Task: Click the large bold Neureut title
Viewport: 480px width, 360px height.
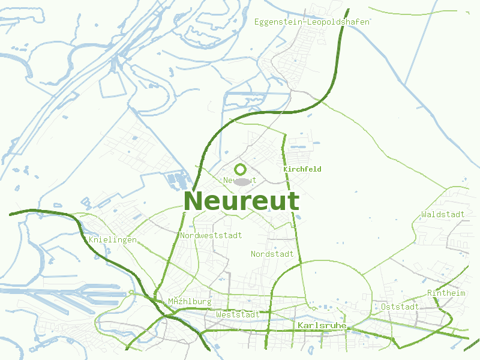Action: (241, 201)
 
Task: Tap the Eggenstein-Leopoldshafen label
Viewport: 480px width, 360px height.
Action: (312, 22)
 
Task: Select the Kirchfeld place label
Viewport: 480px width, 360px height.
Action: (302, 169)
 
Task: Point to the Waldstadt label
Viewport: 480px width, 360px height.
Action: (443, 214)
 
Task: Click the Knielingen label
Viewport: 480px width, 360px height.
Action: (113, 240)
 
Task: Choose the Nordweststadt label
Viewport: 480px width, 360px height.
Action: (211, 236)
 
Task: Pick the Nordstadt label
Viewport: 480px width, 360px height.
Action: (272, 254)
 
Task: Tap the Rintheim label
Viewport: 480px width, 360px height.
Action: (446, 293)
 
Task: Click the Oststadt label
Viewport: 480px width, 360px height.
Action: (400, 307)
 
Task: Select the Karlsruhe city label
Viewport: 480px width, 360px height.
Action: (322, 325)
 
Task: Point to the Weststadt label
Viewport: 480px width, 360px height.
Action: (238, 314)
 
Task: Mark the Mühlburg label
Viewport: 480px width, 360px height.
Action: (190, 301)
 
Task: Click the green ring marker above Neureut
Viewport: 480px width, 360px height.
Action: (241, 169)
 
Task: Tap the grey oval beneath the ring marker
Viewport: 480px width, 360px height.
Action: (241, 181)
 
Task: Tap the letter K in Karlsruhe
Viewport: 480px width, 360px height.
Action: (300, 325)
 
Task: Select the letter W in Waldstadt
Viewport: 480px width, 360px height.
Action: (424, 214)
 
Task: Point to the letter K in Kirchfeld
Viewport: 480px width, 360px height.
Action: (286, 169)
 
